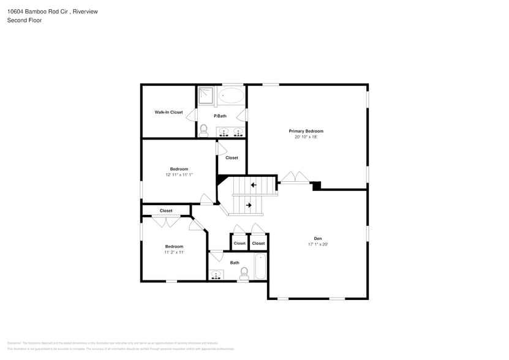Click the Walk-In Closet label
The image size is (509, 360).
[x=168, y=112]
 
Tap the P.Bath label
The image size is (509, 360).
[x=220, y=116]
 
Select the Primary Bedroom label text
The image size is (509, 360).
[x=306, y=131]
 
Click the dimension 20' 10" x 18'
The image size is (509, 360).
[x=306, y=137]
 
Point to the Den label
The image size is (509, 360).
[x=318, y=239]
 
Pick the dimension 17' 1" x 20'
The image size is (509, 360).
[x=318, y=244]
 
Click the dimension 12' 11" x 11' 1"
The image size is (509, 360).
[x=179, y=174]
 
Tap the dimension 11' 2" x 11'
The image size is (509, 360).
[x=174, y=252]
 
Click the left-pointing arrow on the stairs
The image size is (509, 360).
[x=253, y=185]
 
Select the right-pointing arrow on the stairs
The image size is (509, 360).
[x=249, y=205]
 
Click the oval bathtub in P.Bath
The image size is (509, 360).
[x=231, y=96]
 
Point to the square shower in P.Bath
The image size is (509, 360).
[x=206, y=95]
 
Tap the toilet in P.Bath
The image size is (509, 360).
[x=203, y=130]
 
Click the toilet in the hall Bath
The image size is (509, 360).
[x=244, y=272]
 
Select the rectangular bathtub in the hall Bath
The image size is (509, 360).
[x=260, y=267]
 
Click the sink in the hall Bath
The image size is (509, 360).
[x=215, y=275]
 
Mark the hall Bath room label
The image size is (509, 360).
[x=235, y=263]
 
